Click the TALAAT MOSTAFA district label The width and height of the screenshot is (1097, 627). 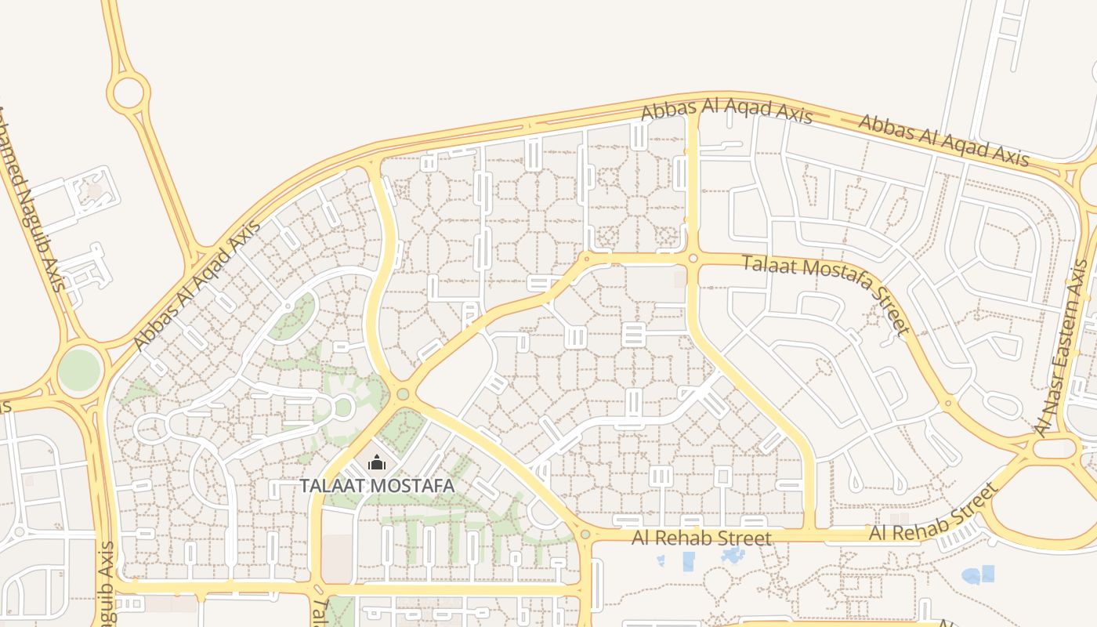pyautogui.click(x=377, y=486)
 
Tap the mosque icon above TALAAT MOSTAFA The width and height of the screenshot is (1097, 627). pyautogui.click(x=377, y=463)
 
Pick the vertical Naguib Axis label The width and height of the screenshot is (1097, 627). pyautogui.click(x=107, y=584)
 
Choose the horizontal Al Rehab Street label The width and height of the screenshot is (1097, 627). pyautogui.click(x=701, y=538)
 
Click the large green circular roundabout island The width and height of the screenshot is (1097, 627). pyautogui.click(x=80, y=370)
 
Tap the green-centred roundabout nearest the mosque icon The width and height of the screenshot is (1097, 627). pyautogui.click(x=403, y=394)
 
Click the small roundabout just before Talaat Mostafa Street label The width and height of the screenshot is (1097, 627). pyautogui.click(x=693, y=258)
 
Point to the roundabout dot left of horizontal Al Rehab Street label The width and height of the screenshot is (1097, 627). pyautogui.click(x=585, y=535)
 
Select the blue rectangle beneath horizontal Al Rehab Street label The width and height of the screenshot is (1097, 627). pyautogui.click(x=689, y=561)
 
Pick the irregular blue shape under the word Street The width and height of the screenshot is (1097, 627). pyautogui.click(x=733, y=556)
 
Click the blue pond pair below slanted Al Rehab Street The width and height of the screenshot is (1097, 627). pyautogui.click(x=979, y=575)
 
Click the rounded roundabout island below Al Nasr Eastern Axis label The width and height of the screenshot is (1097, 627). pyautogui.click(x=1055, y=448)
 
